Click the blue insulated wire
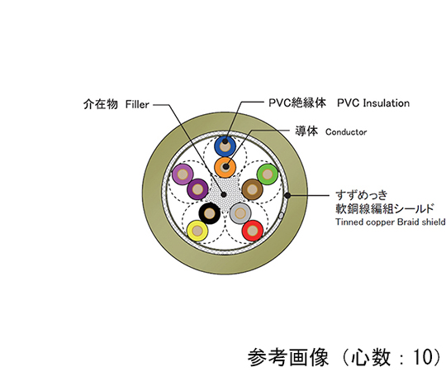click(x=225, y=146)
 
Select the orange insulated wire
click(x=225, y=167)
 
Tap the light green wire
click(x=268, y=174)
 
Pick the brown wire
click(x=253, y=189)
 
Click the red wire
click(x=253, y=231)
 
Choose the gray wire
click(x=240, y=213)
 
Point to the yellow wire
click(x=197, y=231)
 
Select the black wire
click(x=210, y=213)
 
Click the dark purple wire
click(x=198, y=189)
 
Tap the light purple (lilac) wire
click(x=183, y=174)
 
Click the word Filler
click(x=137, y=104)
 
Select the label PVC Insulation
click(x=373, y=103)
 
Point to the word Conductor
click(x=346, y=132)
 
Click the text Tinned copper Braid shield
click(x=390, y=222)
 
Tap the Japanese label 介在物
click(x=101, y=104)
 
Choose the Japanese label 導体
click(x=306, y=131)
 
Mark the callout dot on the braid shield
click(x=287, y=196)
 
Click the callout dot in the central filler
click(x=224, y=195)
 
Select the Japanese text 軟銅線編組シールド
click(x=385, y=209)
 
